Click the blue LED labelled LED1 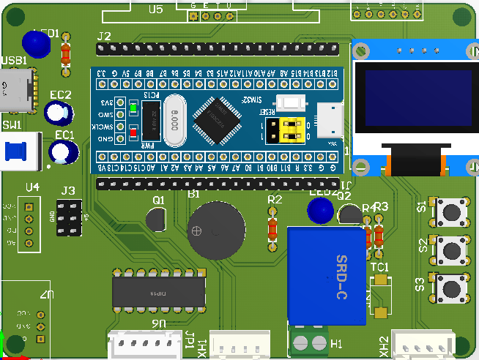37,44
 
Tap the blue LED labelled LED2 320,211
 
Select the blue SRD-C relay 327,275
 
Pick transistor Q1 157,221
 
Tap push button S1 452,211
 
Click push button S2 452,251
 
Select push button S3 452,287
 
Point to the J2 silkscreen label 104,36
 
